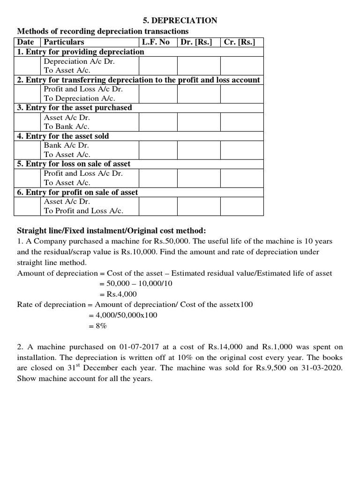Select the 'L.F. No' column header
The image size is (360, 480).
156,42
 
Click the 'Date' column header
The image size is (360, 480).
26,42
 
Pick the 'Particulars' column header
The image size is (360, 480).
64,42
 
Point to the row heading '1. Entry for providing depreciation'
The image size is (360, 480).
81,52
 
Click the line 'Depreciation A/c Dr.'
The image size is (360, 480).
79,61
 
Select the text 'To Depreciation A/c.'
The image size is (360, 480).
79,98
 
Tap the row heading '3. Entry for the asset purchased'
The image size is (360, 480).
75,107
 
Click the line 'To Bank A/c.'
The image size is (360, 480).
67,127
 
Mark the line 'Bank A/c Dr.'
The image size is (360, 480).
67,145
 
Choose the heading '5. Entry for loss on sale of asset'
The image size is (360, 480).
74,164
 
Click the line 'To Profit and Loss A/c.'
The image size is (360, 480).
83,211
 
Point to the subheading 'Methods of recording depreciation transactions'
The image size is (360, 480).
103,31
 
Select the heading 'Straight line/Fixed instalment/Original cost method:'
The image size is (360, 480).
112,231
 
